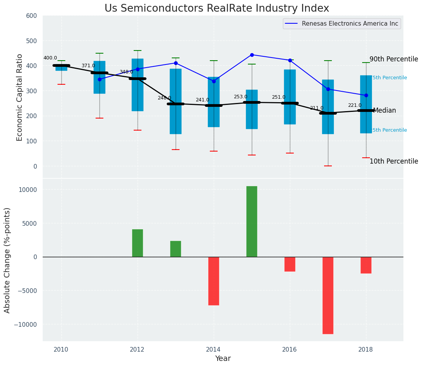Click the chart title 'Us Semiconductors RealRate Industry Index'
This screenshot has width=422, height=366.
tap(217, 9)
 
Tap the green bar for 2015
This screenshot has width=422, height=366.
tap(251, 221)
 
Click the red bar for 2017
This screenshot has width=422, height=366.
tap(328, 295)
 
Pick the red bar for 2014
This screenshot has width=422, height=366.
tap(213, 281)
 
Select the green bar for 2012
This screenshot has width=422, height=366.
tap(137, 243)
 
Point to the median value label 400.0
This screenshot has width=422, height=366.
tap(50, 58)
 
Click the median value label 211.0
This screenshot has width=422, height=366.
tap(316, 108)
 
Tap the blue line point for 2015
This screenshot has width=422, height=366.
tap(252, 55)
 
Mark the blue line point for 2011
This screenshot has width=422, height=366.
tap(99, 79)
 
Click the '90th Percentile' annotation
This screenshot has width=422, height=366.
tap(394, 59)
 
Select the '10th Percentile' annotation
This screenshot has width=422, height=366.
tap(394, 162)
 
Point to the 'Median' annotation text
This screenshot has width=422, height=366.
tap(384, 111)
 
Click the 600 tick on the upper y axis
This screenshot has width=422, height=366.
tap(31, 16)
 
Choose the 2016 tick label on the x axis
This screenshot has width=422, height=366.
tap(289, 349)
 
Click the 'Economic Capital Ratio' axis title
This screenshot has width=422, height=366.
tap(20, 97)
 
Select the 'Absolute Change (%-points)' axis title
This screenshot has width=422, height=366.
tap(7, 260)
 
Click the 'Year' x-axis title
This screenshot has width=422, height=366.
tap(223, 359)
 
